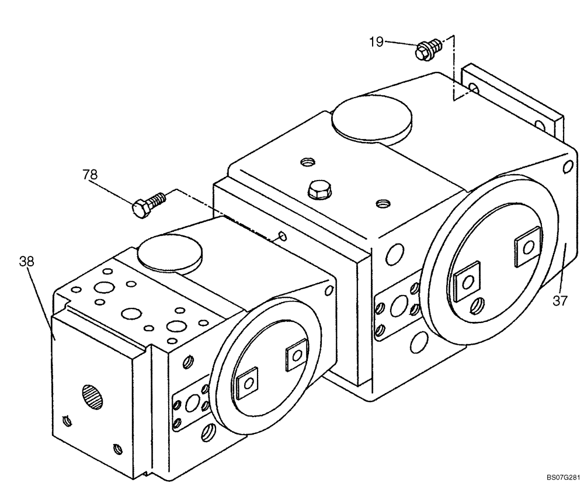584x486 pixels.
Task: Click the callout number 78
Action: point(91,174)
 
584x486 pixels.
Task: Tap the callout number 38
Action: point(26,262)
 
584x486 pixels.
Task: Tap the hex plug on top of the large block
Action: point(318,190)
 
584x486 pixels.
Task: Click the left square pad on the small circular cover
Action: point(248,382)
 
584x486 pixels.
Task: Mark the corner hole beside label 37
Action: point(566,167)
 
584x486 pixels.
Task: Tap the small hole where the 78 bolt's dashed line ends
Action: point(283,235)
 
